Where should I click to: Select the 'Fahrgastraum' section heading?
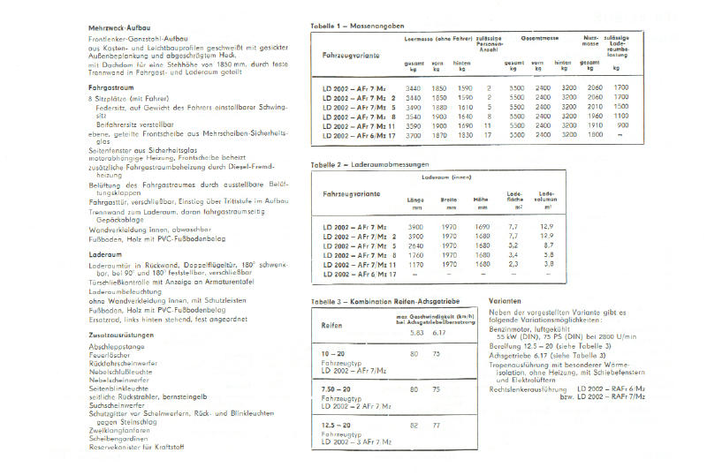[x=109, y=89]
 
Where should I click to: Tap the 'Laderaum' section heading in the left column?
[x=103, y=254]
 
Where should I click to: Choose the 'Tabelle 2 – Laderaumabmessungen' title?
[x=369, y=165]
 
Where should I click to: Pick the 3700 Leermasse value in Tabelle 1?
[x=413, y=135]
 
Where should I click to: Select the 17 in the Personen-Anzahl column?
[x=488, y=135]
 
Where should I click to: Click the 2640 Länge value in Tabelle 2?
[x=414, y=245]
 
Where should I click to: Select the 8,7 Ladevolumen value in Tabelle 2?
[x=549, y=245]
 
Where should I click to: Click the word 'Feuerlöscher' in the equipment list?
[x=110, y=355]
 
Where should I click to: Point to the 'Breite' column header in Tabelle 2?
[x=449, y=200]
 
